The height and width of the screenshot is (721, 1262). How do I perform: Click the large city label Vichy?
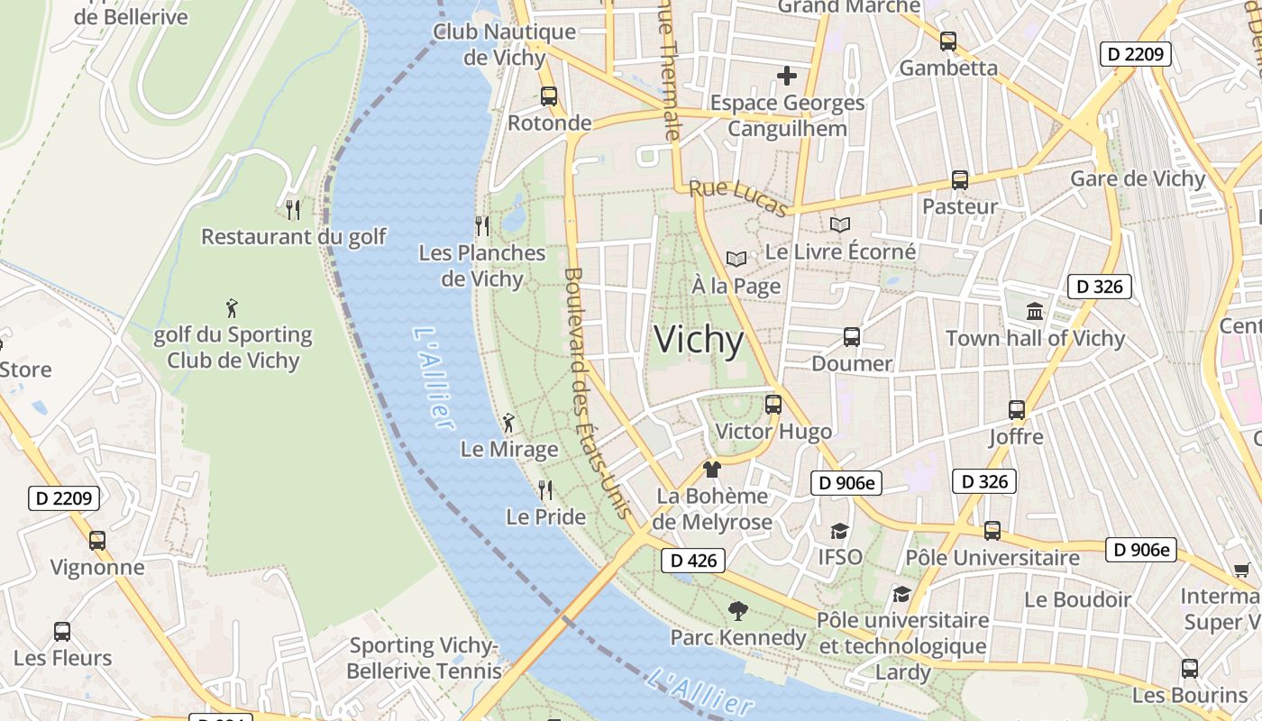click(x=699, y=341)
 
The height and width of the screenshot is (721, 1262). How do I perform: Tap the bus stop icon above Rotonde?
click(x=549, y=96)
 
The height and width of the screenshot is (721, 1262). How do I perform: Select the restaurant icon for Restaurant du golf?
click(x=293, y=210)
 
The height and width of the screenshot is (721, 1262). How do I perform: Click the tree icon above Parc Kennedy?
click(x=738, y=611)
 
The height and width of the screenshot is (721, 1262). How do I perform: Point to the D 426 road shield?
click(x=694, y=561)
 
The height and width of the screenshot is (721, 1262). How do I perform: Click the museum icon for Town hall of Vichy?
click(x=1035, y=312)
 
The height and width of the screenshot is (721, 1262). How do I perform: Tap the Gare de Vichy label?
click(x=1138, y=178)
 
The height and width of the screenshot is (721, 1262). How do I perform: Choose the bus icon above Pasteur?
click(x=960, y=180)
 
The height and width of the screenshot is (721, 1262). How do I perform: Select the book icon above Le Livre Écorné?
click(x=840, y=224)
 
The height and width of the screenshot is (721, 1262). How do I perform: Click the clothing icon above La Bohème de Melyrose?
click(x=712, y=469)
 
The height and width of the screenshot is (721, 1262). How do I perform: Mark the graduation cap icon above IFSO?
click(x=840, y=531)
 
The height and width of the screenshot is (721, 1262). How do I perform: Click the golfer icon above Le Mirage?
click(x=508, y=422)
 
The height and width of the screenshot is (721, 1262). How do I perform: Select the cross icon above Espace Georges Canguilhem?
click(x=787, y=76)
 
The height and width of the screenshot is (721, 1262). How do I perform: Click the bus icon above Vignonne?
click(x=97, y=541)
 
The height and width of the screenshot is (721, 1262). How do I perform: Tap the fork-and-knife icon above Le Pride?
click(x=545, y=490)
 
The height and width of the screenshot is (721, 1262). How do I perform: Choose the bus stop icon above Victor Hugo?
click(x=773, y=405)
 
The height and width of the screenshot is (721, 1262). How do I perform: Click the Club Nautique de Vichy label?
click(x=504, y=44)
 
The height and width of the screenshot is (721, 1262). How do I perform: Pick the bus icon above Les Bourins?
click(x=1190, y=669)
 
